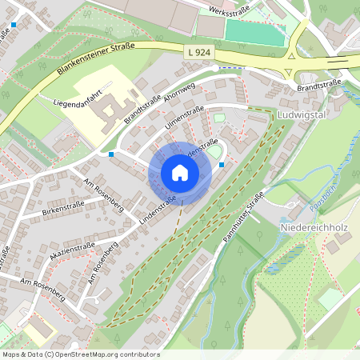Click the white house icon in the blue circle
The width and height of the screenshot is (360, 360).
180,173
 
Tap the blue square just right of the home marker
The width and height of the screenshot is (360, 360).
222,166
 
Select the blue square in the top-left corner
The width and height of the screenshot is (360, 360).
14,25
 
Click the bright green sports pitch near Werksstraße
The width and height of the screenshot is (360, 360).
254,32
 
